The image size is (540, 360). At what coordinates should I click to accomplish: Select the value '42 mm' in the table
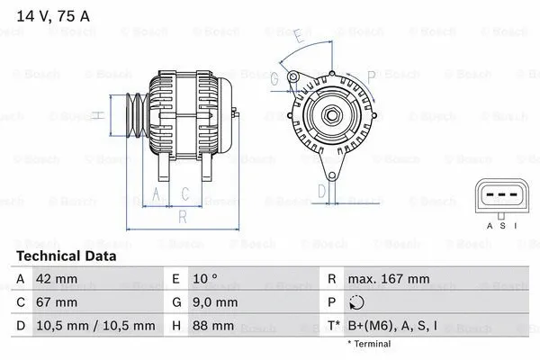tap(57, 279)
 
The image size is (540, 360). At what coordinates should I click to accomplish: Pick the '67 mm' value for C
tap(57, 302)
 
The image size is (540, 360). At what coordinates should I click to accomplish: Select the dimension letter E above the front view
tap(297, 36)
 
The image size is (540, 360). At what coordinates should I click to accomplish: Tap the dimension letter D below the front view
tap(321, 190)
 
